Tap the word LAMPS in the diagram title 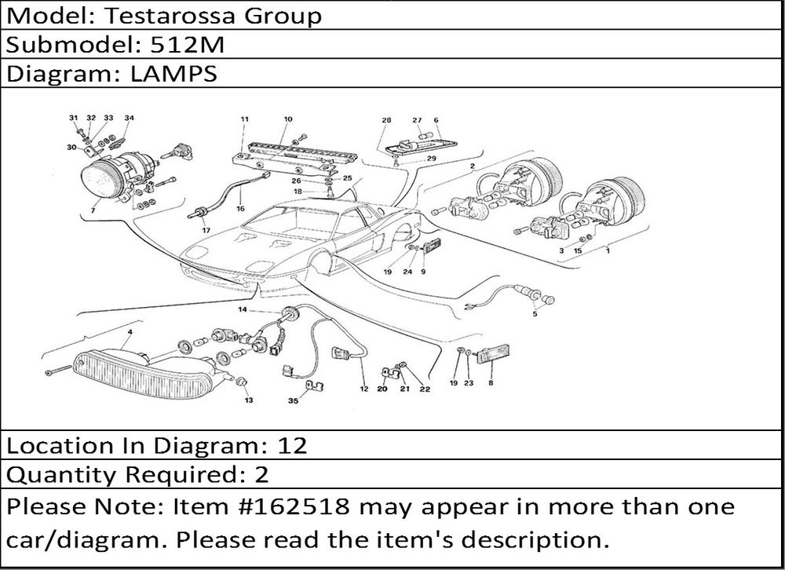coord(171,74)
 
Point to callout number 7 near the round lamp coord(93,211)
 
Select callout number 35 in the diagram coord(293,400)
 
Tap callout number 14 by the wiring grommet coord(243,311)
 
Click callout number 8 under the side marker coord(491,383)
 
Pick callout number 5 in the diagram coord(535,314)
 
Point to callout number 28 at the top coord(386,120)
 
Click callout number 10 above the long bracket coord(288,119)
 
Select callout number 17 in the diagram coord(206,230)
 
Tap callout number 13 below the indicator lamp coord(248,400)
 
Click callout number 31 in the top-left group coord(73,118)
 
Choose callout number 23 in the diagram coord(468,383)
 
